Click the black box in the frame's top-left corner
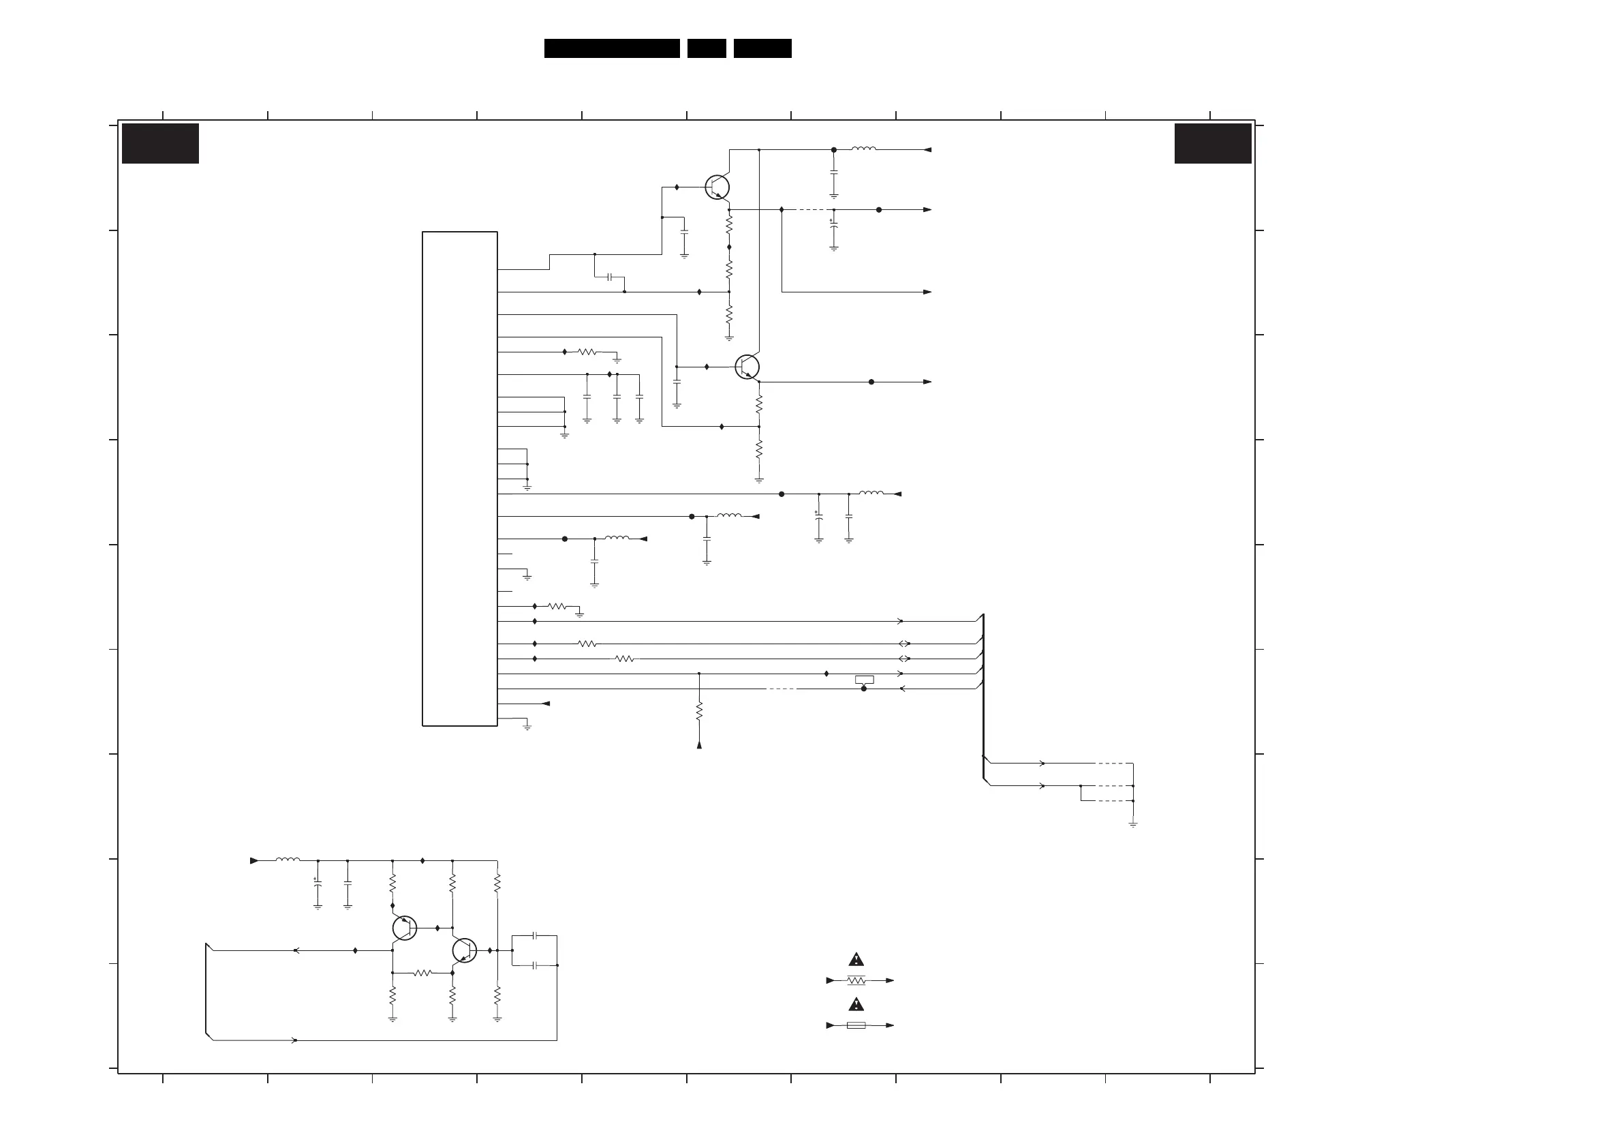pyautogui.click(x=161, y=144)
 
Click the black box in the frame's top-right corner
pyautogui.click(x=1212, y=144)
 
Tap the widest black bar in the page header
pyautogui.click(x=611, y=48)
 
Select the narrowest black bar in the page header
pyautogui.click(x=706, y=48)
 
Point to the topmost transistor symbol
pyautogui.click(x=717, y=187)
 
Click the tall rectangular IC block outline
pyautogui.click(x=459, y=478)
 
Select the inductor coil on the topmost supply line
pyautogui.click(x=864, y=149)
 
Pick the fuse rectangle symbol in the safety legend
pyautogui.click(x=856, y=1025)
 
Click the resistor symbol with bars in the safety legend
pyautogui.click(x=856, y=980)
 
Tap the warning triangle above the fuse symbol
pyautogui.click(x=856, y=1004)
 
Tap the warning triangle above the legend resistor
pyautogui.click(x=856, y=960)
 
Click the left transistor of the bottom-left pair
pyautogui.click(x=404, y=928)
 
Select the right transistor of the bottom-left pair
pyautogui.click(x=465, y=951)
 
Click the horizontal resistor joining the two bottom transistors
pyautogui.click(x=422, y=973)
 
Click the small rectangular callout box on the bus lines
pyautogui.click(x=864, y=680)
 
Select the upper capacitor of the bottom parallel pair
pyautogui.click(x=535, y=936)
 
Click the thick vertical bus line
pyautogui.click(x=983, y=697)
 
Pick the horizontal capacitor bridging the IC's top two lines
pyautogui.click(x=610, y=277)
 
